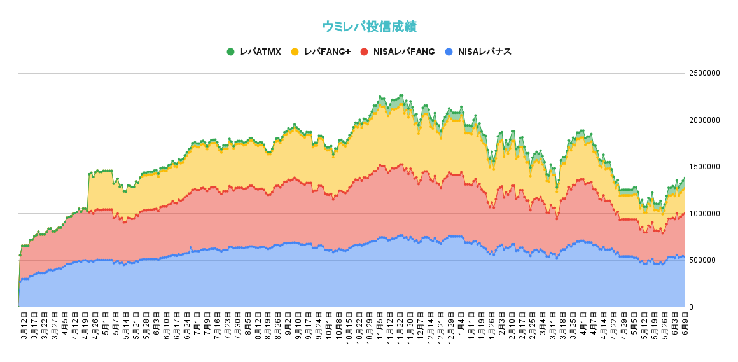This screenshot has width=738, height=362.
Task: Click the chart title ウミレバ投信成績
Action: coord(369,26)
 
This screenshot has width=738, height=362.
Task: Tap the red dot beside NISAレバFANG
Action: coord(364,52)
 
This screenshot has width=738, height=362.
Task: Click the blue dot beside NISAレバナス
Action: coord(449,52)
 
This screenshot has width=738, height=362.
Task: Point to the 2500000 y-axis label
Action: coord(704,73)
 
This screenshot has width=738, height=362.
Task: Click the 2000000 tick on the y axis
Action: coord(704,120)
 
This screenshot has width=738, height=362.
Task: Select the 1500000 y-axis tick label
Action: coord(704,167)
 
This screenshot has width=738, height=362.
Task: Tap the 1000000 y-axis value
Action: coord(704,214)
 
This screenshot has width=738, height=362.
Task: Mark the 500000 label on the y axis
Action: coord(702,260)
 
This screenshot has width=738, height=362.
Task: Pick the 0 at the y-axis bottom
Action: coord(692,307)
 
